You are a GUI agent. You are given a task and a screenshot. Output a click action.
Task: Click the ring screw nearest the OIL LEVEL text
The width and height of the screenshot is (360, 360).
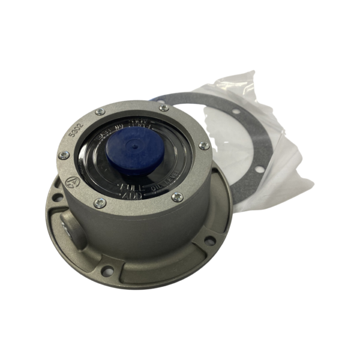(178, 196)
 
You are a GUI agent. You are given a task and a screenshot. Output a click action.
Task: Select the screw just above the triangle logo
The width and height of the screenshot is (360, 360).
(63, 155)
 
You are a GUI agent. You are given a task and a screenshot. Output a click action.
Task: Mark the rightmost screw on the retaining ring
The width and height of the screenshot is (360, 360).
(205, 146)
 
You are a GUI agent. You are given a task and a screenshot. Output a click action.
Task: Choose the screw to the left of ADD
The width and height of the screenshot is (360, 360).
(100, 203)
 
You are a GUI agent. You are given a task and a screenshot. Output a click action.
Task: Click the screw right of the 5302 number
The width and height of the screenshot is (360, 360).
(100, 112)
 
